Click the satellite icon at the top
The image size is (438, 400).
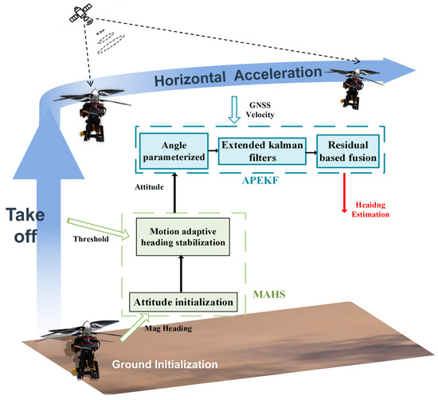(81, 18)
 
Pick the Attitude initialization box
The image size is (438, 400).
(184, 302)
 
